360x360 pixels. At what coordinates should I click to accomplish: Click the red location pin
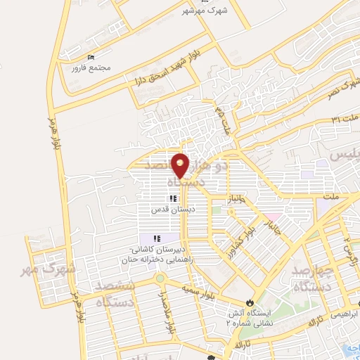[x=181, y=165]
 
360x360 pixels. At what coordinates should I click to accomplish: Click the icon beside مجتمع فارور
[x=89, y=57]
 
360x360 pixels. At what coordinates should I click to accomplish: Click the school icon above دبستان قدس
[x=173, y=198]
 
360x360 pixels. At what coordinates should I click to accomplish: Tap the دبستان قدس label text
[x=173, y=209]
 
